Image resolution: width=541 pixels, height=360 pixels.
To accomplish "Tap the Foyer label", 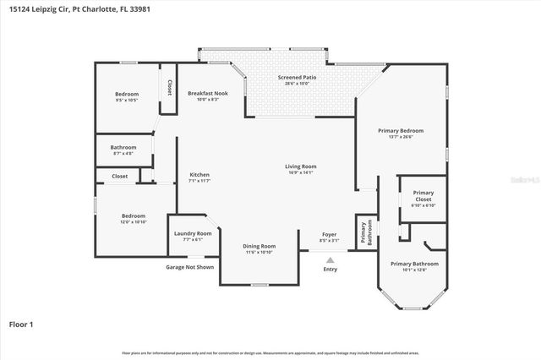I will (330, 236).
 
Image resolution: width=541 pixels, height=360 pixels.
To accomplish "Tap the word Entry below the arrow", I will (330, 270).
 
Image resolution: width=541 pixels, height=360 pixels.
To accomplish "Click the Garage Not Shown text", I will (189, 267).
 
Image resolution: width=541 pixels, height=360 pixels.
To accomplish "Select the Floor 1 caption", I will (20, 324).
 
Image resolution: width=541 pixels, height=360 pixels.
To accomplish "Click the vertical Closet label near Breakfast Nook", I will (169, 87).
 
